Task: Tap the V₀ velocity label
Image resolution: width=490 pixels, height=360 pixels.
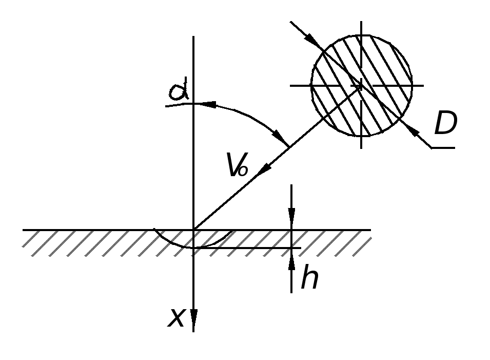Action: (x=238, y=164)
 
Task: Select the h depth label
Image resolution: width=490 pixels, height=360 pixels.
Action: (x=310, y=276)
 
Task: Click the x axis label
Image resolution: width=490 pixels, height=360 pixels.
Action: (x=177, y=318)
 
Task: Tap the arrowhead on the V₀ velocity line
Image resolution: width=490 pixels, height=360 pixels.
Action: (x=264, y=169)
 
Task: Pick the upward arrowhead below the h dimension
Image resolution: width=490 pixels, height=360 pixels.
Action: (x=291, y=259)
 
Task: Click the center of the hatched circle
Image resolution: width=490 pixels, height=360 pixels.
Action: (x=362, y=85)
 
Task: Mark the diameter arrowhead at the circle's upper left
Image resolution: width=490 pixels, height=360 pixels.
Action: (x=311, y=40)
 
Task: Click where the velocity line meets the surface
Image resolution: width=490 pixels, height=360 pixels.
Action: (x=194, y=230)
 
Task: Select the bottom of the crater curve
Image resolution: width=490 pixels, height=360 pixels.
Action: (x=194, y=248)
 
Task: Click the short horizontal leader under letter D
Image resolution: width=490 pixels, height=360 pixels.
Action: (x=443, y=147)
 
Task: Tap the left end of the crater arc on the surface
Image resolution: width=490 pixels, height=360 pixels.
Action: (x=154, y=230)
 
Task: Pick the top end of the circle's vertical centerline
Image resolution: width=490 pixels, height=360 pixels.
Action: (x=362, y=21)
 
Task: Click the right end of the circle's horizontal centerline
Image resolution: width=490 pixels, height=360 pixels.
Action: (x=424, y=85)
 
